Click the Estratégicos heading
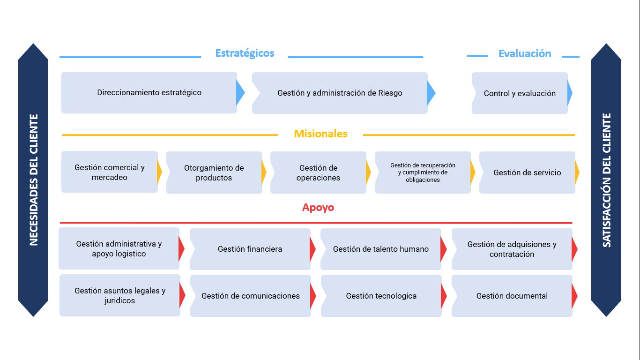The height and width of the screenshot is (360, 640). pyautogui.click(x=245, y=53)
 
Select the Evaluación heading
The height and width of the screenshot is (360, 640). pyautogui.click(x=525, y=54)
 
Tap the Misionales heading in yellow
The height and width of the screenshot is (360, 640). pyautogui.click(x=320, y=134)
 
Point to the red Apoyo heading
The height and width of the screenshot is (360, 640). pyautogui.click(x=318, y=208)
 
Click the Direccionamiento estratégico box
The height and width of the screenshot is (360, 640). pyautogui.click(x=149, y=93)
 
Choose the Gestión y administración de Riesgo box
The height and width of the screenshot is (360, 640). pyautogui.click(x=340, y=93)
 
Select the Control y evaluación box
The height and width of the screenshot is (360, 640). pyautogui.click(x=520, y=94)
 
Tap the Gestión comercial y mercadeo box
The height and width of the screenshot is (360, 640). pyautogui.click(x=110, y=172)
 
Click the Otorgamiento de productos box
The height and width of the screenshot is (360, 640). pyautogui.click(x=214, y=173)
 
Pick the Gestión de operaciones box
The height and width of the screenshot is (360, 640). pyautogui.click(x=318, y=173)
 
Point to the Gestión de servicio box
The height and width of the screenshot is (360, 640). pyautogui.click(x=527, y=173)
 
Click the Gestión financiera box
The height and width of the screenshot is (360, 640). pyautogui.click(x=250, y=249)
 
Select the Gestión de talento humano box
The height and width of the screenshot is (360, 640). pyautogui.click(x=380, y=249)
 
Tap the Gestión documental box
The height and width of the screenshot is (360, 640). pyautogui.click(x=512, y=296)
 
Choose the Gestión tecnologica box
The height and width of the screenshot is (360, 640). pyautogui.click(x=381, y=296)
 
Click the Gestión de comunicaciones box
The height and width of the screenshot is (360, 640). pyautogui.click(x=250, y=296)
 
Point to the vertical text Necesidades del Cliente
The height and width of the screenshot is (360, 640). pyautogui.click(x=33, y=180)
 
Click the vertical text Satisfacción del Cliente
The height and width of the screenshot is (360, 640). pyautogui.click(x=606, y=180)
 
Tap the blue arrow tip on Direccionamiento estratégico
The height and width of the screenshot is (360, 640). pyautogui.click(x=240, y=93)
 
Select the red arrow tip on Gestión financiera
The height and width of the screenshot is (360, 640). pyautogui.click(x=313, y=249)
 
